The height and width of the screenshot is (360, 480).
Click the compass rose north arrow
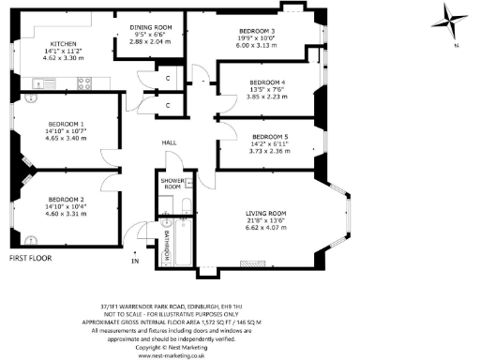click(448, 21)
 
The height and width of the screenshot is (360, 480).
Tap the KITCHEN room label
click(63, 43)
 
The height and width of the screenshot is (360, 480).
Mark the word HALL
click(170, 142)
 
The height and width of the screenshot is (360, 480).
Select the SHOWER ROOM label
click(171, 184)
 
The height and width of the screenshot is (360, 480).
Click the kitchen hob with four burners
click(82, 82)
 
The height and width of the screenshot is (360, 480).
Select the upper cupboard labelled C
click(168, 79)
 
